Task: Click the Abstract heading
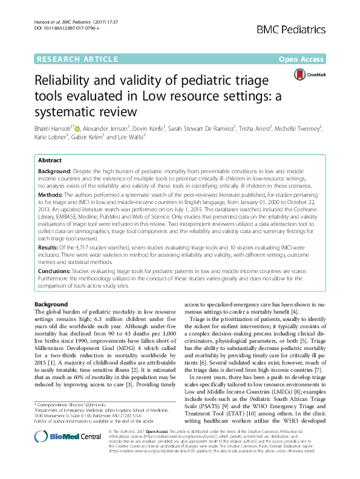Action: click(50, 160)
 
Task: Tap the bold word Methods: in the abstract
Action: click(52, 196)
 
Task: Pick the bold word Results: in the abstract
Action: click(50, 248)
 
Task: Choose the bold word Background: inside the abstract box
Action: click(56, 172)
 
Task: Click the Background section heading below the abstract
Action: click(51, 303)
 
